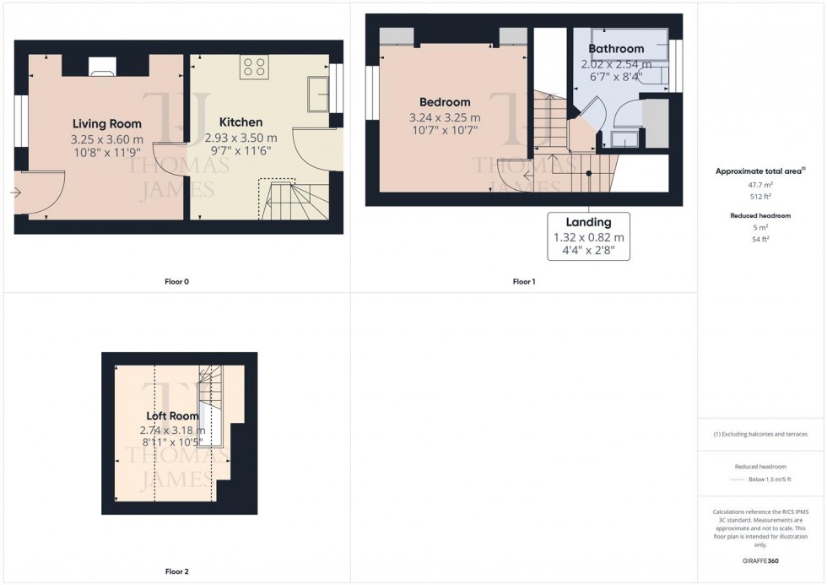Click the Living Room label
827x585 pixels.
point(107,122)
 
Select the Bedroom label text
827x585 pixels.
point(444,102)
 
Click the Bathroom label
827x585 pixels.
point(616,49)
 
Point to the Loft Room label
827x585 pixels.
point(172,415)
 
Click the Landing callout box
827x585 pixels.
point(589,236)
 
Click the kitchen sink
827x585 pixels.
point(319,93)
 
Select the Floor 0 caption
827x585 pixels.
point(176,281)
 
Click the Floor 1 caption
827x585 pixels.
point(523,281)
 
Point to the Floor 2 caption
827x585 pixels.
point(176,571)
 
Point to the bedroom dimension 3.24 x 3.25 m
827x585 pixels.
point(444,117)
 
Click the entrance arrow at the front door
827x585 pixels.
point(15,192)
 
